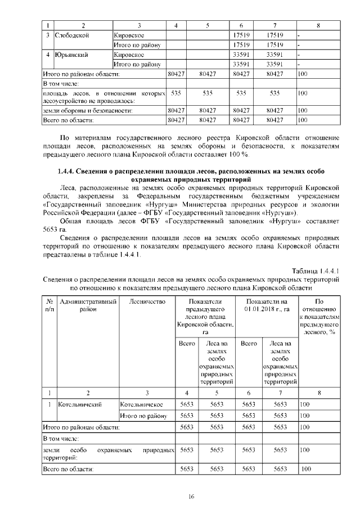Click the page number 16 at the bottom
(x=191, y=496)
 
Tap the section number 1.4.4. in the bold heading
(x=68, y=171)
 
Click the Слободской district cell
(x=72, y=35)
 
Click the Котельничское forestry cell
(x=141, y=404)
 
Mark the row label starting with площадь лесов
(x=104, y=96)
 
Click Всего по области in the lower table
(x=68, y=468)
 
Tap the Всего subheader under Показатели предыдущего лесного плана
(x=187, y=343)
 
